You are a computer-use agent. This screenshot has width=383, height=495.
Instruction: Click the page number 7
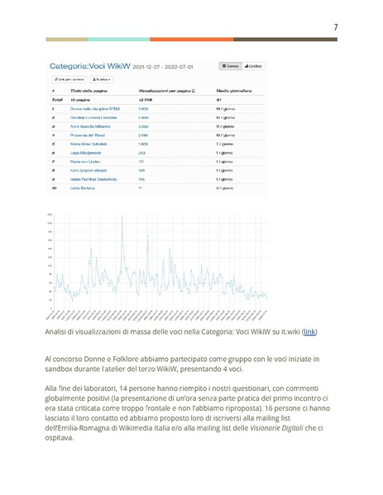point(335,27)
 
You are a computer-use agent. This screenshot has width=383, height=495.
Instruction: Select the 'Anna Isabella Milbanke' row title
point(91,126)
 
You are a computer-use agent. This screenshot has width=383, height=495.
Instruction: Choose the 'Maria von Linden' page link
point(86,161)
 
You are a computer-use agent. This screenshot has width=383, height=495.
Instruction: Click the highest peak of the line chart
point(122,217)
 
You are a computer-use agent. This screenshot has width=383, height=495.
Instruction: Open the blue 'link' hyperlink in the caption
point(309,331)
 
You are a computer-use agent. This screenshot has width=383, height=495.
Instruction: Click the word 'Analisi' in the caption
point(58,331)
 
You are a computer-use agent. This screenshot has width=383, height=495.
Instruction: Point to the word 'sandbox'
point(61,369)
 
